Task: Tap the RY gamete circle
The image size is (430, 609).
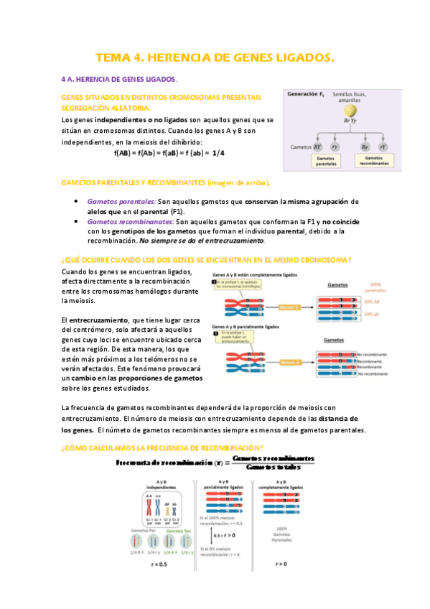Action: [319, 146]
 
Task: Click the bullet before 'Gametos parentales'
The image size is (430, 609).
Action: [76, 203]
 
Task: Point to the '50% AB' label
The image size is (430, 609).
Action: [372, 302]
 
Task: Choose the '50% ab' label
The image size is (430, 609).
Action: [372, 314]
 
